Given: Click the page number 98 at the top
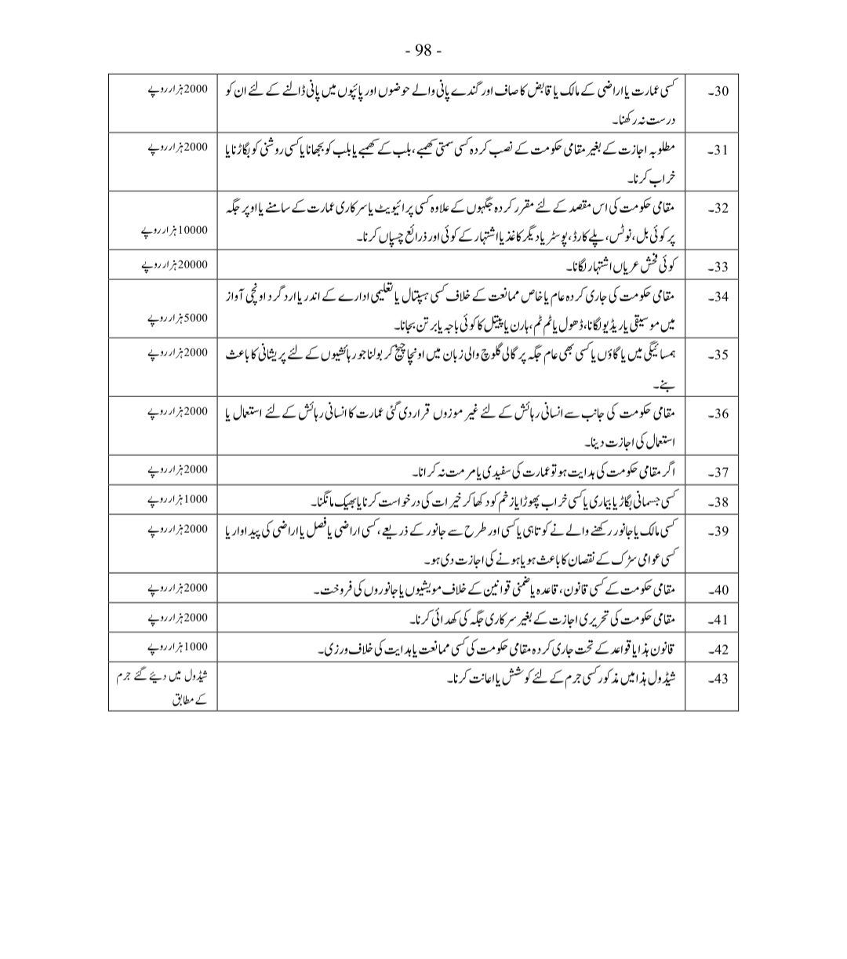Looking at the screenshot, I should tap(423, 51).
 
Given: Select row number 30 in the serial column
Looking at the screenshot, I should tap(718, 90).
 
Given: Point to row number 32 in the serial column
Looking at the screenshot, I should tap(718, 210).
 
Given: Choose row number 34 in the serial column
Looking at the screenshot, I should tap(718, 297).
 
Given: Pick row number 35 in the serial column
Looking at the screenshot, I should tap(718, 356).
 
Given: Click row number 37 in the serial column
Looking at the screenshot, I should tap(718, 472).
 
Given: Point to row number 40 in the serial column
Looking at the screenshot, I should tap(718, 590).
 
